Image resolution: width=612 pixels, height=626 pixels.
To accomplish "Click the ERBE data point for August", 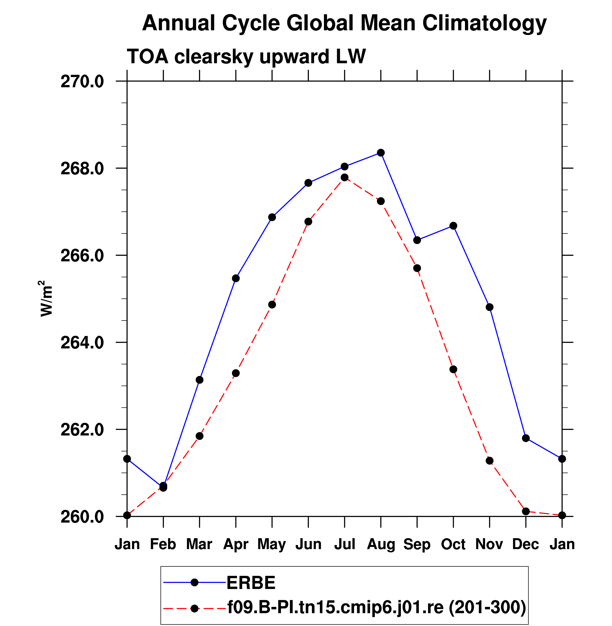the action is [381, 153].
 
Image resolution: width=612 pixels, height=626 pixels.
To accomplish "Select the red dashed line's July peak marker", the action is [344, 177].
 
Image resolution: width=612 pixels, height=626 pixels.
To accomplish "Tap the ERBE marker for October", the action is [453, 226].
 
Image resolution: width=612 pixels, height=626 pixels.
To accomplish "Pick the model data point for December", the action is [526, 511].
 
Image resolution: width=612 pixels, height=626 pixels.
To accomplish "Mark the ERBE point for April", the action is [236, 278].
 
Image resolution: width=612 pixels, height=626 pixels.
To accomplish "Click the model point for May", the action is [272, 305].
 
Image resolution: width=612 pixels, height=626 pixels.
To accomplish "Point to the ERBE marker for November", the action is [490, 307].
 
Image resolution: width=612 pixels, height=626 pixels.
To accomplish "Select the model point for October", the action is [453, 369].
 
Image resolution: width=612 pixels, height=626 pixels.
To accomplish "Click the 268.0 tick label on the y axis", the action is [82, 169].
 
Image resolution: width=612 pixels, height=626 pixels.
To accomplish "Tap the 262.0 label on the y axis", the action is [82, 430].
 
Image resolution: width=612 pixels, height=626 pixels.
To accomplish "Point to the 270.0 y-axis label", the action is [82, 82].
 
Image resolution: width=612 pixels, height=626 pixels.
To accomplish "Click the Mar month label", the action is [199, 544].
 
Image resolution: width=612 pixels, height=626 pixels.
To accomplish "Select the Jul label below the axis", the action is [344, 544].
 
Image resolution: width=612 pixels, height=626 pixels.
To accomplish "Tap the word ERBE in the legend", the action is [251, 582].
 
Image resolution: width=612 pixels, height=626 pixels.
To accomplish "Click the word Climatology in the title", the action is [484, 23].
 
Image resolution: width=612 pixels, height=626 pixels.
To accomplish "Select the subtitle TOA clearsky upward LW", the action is [246, 57].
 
